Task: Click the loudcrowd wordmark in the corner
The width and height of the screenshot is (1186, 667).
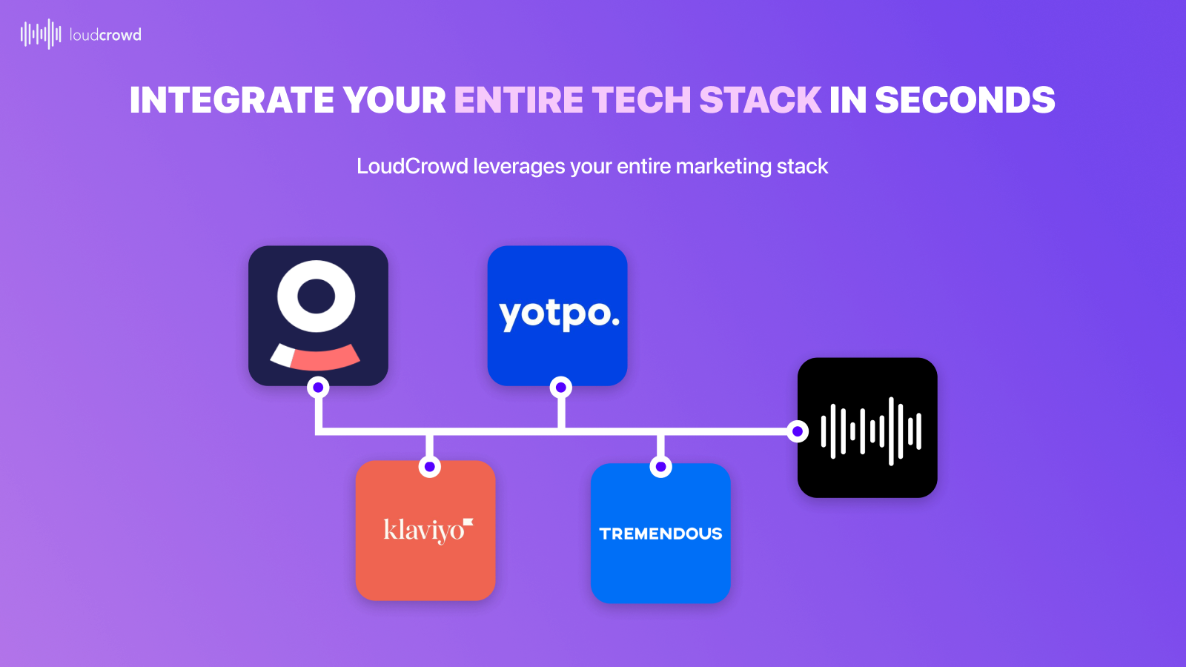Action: click(105, 35)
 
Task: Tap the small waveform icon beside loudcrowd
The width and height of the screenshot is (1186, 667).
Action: click(41, 34)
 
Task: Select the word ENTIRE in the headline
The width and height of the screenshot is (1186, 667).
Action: click(519, 100)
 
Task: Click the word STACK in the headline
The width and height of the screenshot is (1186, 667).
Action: click(760, 100)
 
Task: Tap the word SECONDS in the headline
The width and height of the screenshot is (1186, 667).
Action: click(964, 100)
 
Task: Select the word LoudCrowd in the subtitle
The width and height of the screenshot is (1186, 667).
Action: click(412, 166)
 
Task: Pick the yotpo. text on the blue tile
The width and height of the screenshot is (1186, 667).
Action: click(559, 314)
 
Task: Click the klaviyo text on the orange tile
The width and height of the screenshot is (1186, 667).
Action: click(425, 530)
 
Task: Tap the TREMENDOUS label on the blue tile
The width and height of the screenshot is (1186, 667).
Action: click(660, 534)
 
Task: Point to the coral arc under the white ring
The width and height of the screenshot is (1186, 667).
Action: click(324, 357)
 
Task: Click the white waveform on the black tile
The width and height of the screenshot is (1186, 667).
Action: click(871, 431)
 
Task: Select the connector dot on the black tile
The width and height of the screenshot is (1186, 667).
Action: click(798, 431)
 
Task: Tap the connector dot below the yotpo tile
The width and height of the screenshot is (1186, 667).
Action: click(561, 387)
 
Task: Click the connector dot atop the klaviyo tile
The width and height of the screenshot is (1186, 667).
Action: click(429, 467)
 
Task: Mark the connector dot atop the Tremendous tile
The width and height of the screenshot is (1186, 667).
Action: click(660, 467)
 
